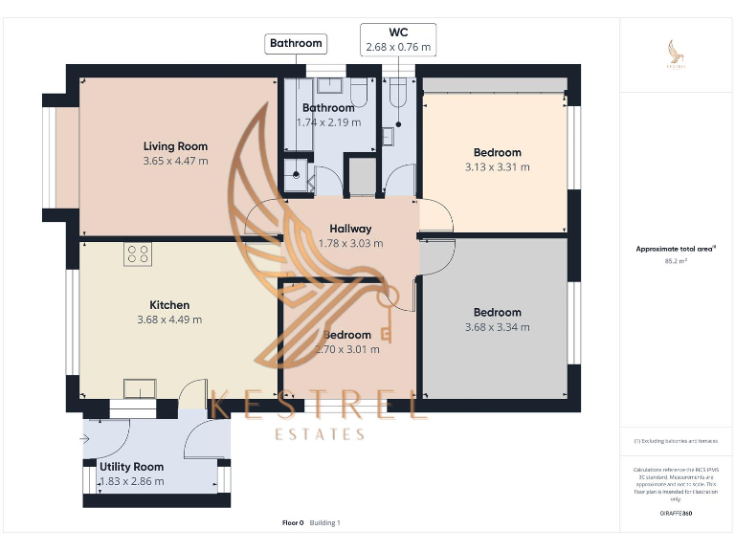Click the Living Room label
pos(175,146)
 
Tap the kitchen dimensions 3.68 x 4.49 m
pos(169,320)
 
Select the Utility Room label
pos(131,467)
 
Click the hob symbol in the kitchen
pos(137,253)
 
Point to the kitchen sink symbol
pos(140,387)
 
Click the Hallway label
pos(350,229)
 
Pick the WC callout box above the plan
pos(397,39)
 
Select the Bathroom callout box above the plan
pos(296,43)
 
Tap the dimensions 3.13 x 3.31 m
pos(497,166)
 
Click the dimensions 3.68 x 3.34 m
pos(497,327)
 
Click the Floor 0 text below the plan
pos(293,522)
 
